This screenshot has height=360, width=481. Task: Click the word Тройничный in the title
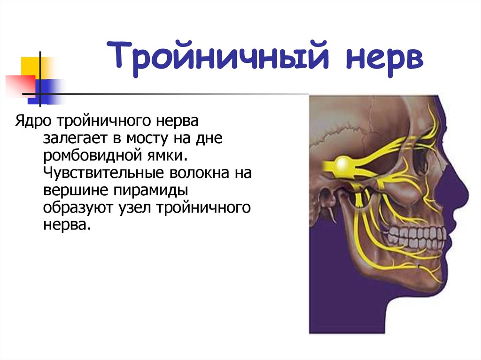pyautogui.click(x=218, y=57)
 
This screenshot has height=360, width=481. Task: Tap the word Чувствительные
pyautogui.click(x=103, y=173)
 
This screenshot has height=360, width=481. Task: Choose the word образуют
pyautogui.click(x=78, y=208)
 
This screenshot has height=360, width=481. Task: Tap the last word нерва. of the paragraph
pyautogui.click(x=67, y=226)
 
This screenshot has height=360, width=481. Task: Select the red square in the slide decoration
pyautogui.click(x=20, y=84)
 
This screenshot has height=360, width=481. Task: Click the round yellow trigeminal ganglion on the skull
pyautogui.click(x=343, y=165)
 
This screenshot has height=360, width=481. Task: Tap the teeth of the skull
pyautogui.click(x=416, y=236)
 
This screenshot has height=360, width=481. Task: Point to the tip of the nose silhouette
pyautogui.click(x=468, y=194)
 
